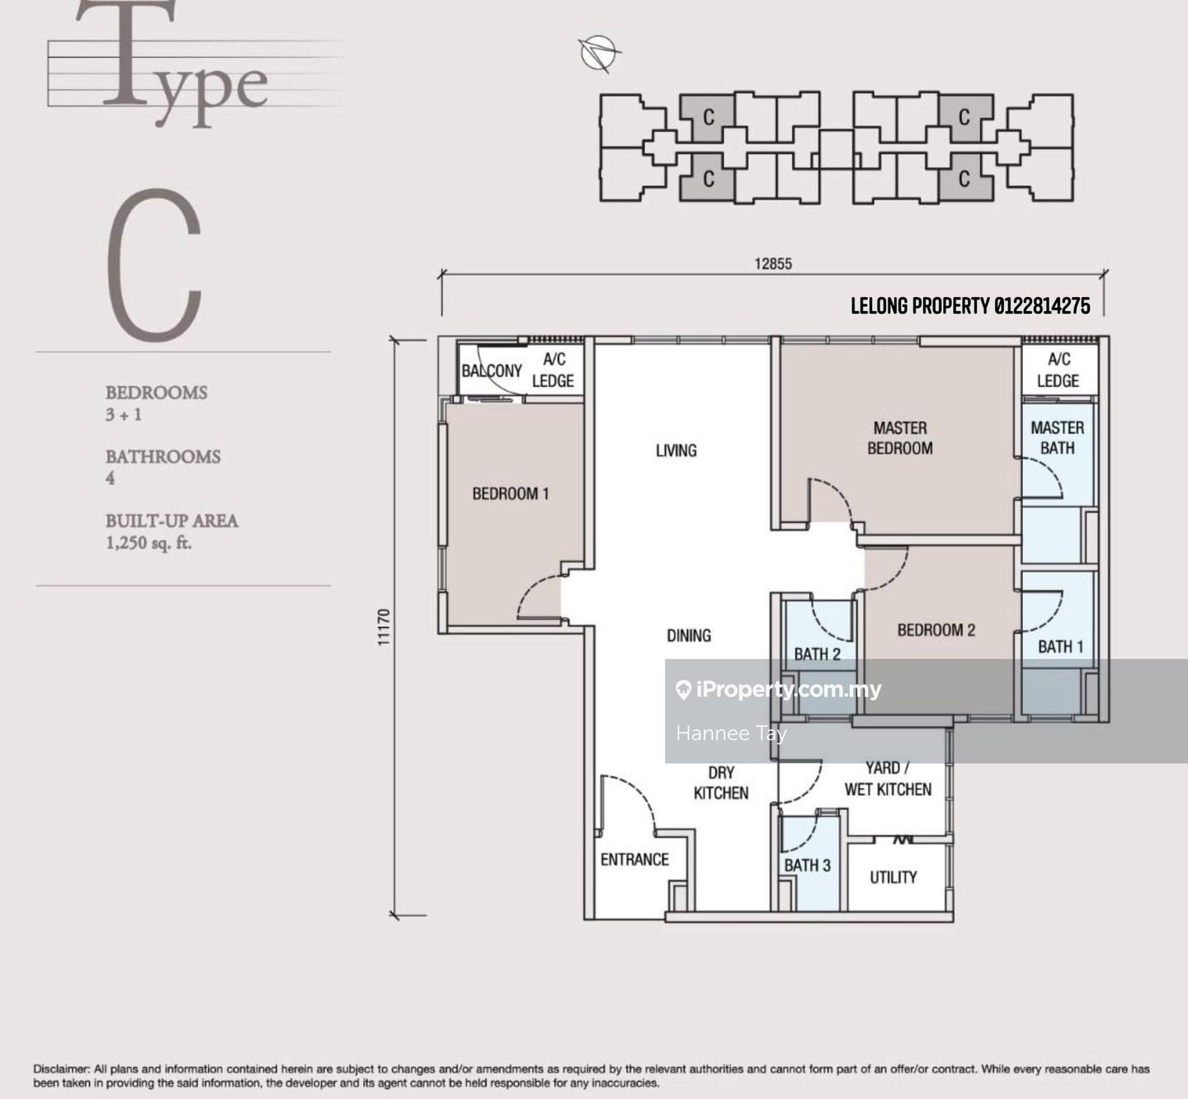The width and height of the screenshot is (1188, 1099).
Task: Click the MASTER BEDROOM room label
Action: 900,438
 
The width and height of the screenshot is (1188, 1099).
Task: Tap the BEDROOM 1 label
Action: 510,493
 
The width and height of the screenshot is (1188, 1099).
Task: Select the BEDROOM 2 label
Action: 936,630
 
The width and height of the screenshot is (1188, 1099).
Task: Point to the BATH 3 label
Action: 807,865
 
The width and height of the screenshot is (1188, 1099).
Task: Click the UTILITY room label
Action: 893,877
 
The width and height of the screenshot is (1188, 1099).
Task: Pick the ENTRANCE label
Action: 634,860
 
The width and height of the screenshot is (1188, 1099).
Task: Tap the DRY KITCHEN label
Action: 721,782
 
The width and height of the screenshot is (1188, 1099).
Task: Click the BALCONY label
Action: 492,371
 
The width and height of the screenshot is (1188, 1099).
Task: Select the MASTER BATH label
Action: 1057,438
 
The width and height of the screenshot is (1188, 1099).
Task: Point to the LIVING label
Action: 676,450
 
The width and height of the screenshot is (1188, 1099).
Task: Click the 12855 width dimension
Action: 773,264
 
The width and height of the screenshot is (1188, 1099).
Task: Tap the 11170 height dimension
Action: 384,627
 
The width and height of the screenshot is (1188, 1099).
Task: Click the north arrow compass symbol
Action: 599,53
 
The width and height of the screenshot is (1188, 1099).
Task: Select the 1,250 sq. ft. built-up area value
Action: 149,543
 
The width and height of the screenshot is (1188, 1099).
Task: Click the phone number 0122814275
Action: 1042,306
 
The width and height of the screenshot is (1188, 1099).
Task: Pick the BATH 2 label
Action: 817,654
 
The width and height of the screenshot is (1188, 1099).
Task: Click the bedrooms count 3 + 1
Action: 124,414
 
